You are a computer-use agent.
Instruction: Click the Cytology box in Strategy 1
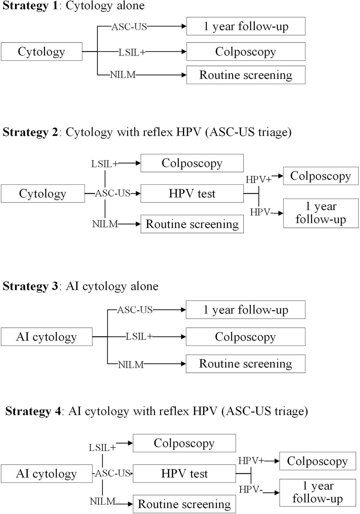coord(41,52)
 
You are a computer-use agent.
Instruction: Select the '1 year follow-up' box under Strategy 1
coord(246,26)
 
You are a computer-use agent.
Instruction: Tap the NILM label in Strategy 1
coord(123,75)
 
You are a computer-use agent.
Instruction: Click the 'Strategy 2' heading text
coord(30,132)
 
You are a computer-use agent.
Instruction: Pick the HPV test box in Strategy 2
coord(192,194)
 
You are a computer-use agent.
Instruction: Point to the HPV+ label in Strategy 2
coord(258,180)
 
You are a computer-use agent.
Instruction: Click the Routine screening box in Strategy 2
coord(192,224)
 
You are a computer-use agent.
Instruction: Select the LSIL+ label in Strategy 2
coord(105,164)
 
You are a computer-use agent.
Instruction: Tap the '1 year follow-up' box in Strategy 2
coord(320,213)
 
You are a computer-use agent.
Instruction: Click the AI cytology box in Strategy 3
coord(46,337)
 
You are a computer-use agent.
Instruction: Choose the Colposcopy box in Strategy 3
coord(245,337)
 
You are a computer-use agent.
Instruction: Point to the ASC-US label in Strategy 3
coord(135,310)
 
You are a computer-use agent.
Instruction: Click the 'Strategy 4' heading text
coord(33,411)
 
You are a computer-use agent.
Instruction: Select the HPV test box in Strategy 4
coord(184,474)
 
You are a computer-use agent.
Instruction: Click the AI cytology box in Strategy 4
coord(46,474)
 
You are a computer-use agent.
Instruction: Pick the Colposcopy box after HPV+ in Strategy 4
coord(317,461)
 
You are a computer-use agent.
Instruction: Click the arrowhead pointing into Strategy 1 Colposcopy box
coord(184,52)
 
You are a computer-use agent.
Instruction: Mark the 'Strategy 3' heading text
coord(30,286)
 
